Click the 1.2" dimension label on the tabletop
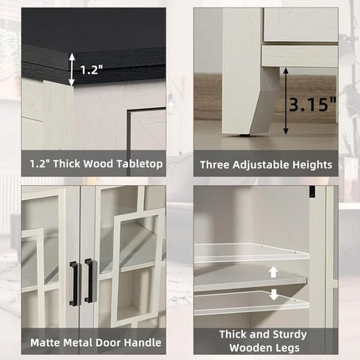[92, 69]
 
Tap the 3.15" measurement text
[312, 104]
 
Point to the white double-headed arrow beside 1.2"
[72, 69]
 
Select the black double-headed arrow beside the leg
[285, 100]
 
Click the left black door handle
[75, 282]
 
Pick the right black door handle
[90, 280]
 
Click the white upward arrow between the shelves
[274, 272]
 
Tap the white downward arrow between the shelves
[274, 295]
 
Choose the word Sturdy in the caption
[290, 335]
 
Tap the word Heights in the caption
[312, 165]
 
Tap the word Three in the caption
[214, 165]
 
